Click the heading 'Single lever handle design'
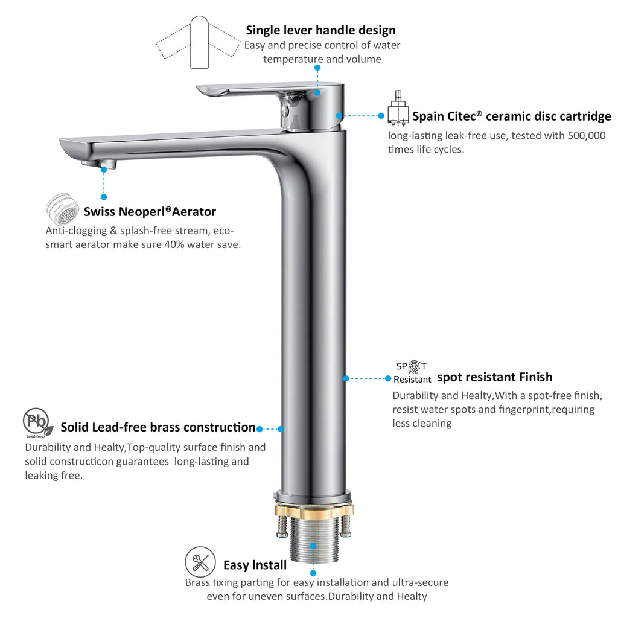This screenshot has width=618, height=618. pyautogui.click(x=320, y=30)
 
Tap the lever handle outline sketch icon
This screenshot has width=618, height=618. pyautogui.click(x=199, y=43)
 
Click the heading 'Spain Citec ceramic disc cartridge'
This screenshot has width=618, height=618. pyautogui.click(x=511, y=116)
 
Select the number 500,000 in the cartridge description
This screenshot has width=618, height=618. pyautogui.click(x=587, y=136)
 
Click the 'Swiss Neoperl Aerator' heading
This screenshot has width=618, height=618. pyautogui.click(x=150, y=212)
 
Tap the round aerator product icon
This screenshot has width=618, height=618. pyautogui.click(x=62, y=209)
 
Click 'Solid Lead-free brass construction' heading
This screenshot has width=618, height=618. pyautogui.click(x=158, y=427)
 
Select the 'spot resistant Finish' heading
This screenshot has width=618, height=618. pyautogui.click(x=495, y=377)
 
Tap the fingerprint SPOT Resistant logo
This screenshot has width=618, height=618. pyautogui.click(x=412, y=372)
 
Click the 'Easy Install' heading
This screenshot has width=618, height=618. pyautogui.click(x=255, y=565)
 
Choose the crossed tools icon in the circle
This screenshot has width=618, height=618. pyautogui.click(x=200, y=562)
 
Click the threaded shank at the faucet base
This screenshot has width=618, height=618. pyautogui.click(x=314, y=539)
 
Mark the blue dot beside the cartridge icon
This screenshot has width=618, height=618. pyautogui.click(x=381, y=116)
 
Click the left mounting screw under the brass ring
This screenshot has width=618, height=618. pyautogui.click(x=282, y=526)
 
